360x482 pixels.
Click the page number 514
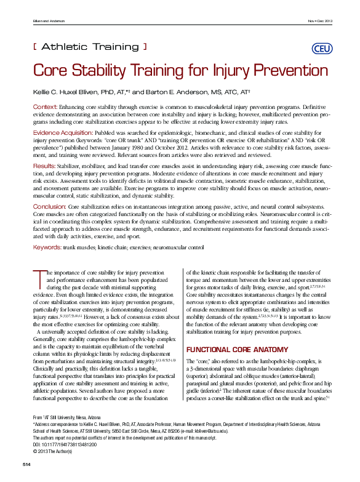tap(27, 462)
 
